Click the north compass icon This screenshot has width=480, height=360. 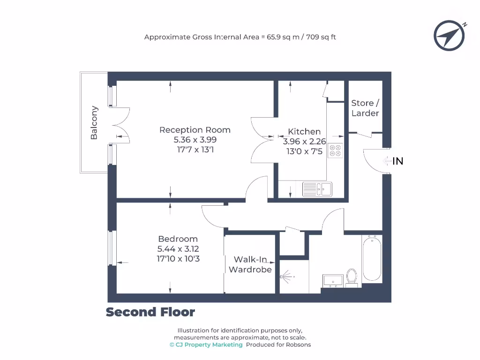pyautogui.click(x=449, y=35)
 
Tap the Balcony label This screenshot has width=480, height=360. pyautogui.click(x=94, y=123)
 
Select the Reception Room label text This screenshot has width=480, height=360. pyautogui.click(x=195, y=130)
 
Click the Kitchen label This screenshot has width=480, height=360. pyautogui.click(x=304, y=132)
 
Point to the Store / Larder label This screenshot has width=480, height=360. pyautogui.click(x=365, y=108)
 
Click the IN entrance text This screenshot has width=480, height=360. pyautogui.click(x=397, y=161)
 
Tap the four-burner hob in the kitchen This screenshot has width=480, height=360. pyautogui.click(x=336, y=150)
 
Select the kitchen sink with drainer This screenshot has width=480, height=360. pyautogui.click(x=317, y=189)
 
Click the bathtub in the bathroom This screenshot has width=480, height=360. pyautogui.click(x=372, y=259)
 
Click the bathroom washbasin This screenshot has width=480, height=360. pyautogui.click(x=333, y=281)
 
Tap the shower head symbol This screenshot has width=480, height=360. pyautogui.click(x=287, y=277)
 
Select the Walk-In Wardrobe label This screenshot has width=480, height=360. pyautogui.click(x=250, y=264)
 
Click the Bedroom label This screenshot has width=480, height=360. pyautogui.click(x=178, y=239)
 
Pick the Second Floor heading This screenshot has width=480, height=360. pyautogui.click(x=150, y=312)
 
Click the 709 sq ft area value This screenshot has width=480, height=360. pyautogui.click(x=321, y=37)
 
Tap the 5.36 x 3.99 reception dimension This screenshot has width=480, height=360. pyautogui.click(x=195, y=140)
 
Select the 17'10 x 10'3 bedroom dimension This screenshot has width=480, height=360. pyautogui.click(x=179, y=258)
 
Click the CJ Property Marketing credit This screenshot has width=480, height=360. pyautogui.click(x=206, y=345)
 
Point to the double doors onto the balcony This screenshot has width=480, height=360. pyautogui.click(x=121, y=124)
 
